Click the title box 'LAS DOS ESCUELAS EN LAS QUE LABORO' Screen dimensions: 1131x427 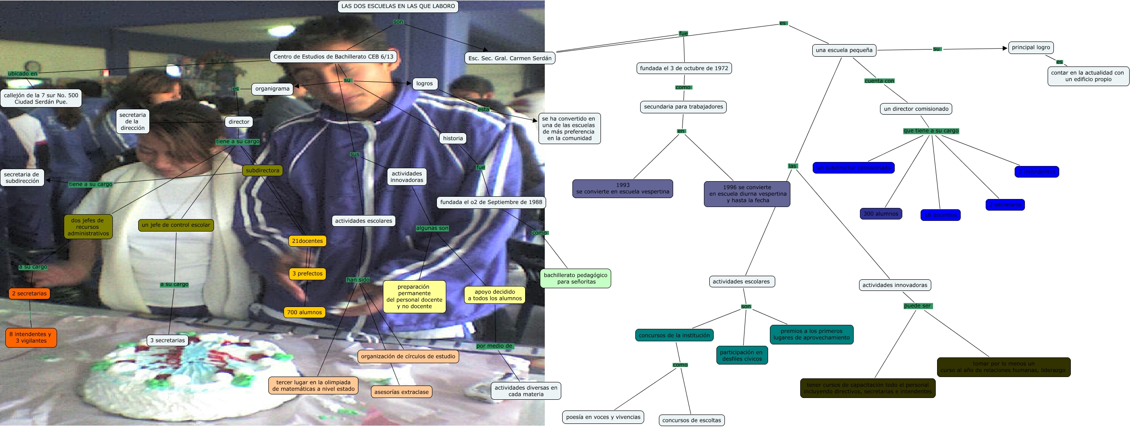tap(398, 6)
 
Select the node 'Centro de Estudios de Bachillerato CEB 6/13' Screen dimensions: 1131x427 tap(333, 57)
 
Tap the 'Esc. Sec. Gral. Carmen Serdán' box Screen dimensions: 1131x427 tap(510, 58)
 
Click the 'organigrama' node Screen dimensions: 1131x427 tap(272, 89)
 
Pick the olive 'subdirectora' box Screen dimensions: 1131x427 tap(262, 170)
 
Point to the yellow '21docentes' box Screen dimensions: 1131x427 tap(307, 241)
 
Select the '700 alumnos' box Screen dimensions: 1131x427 tap(304, 312)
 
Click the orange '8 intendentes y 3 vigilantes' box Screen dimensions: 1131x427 tap(31, 337)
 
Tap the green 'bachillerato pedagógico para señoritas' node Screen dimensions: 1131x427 tap(575, 278)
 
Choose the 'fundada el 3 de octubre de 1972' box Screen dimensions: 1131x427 tap(684, 68)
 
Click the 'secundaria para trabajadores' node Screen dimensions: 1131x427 tap(683, 107)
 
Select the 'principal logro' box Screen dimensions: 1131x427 tap(1030, 47)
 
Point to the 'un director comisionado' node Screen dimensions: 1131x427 tap(916, 109)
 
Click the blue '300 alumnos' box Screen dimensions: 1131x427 tap(880, 214)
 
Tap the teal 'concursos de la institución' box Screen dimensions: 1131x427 tap(674, 336)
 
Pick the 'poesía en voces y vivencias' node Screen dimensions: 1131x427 tap(603, 417)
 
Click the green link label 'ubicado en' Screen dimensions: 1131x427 tap(23, 74)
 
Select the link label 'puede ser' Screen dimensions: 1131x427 tap(917, 306)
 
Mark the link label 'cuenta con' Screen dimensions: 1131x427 tap(879, 81)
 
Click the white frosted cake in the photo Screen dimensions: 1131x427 tap(187, 379)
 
